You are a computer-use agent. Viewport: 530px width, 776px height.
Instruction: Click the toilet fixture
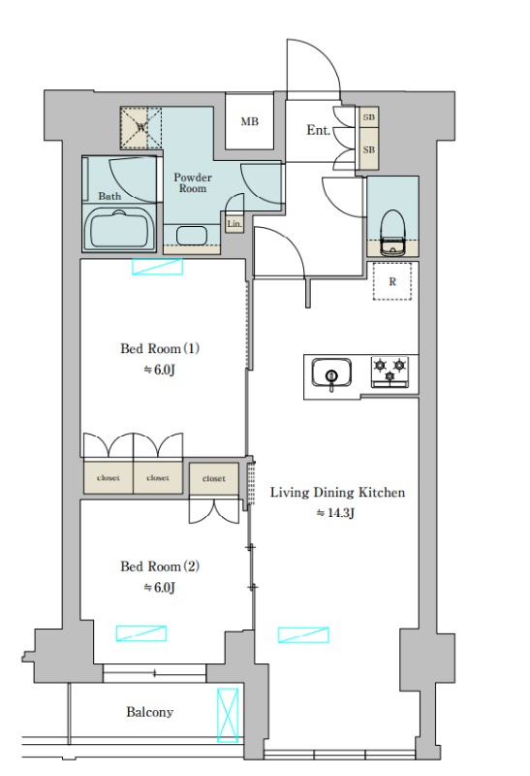(392, 232)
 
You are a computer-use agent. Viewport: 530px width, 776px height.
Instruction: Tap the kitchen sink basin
(331, 372)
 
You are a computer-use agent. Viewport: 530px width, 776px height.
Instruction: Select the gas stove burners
(390, 372)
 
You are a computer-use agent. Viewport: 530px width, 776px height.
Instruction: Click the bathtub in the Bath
(119, 231)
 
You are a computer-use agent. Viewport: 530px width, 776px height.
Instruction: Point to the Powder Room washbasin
(191, 235)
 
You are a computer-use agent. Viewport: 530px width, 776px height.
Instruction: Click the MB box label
(249, 121)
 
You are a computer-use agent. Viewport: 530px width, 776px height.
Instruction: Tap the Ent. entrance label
(318, 130)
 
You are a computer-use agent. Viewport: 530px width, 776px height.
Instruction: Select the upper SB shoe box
(369, 117)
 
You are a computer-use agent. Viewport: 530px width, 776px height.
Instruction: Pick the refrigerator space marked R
(392, 281)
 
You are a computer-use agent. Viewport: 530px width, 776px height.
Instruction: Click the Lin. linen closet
(234, 224)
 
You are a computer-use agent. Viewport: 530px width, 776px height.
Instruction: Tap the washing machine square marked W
(140, 128)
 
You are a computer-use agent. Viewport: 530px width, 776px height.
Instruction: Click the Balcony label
(149, 712)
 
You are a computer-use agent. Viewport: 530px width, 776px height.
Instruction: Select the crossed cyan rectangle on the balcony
(228, 715)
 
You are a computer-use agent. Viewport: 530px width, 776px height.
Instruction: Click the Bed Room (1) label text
(160, 348)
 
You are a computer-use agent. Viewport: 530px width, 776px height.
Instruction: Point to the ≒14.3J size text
(335, 513)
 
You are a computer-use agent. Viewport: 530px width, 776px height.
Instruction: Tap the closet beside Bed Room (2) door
(213, 478)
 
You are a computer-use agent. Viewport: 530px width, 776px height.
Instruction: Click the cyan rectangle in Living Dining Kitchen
(303, 634)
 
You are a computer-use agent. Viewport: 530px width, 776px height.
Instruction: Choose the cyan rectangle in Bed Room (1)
(157, 266)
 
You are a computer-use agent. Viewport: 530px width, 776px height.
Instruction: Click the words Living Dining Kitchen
(337, 493)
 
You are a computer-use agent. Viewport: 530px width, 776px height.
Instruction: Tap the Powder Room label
(192, 182)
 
